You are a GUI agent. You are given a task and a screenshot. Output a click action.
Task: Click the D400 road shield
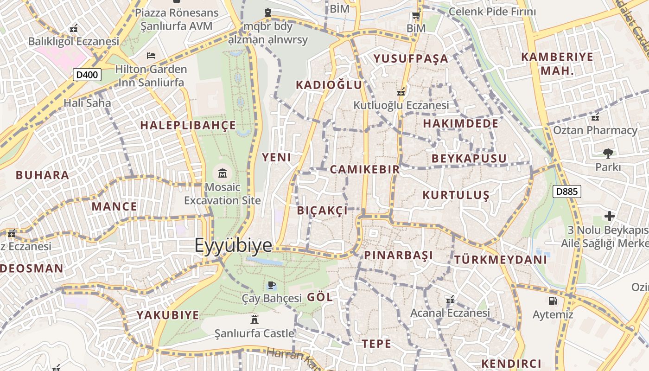click(x=87, y=74)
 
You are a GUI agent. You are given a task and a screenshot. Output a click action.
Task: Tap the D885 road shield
click(x=566, y=191)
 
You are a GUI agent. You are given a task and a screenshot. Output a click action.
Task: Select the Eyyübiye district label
click(x=233, y=245)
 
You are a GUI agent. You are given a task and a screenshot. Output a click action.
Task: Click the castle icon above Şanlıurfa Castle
click(x=254, y=319)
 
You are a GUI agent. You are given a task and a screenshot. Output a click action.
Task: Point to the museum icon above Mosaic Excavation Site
click(x=223, y=174)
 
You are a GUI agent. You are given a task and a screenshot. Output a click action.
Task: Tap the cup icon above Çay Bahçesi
click(x=272, y=285)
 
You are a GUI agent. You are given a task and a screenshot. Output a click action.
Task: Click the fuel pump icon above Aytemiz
click(x=553, y=301)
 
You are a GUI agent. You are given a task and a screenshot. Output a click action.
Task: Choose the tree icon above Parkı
click(x=608, y=153)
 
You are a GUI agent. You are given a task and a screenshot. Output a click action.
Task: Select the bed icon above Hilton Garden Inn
click(x=151, y=56)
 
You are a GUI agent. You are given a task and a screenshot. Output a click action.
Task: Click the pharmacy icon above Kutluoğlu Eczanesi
click(x=401, y=91)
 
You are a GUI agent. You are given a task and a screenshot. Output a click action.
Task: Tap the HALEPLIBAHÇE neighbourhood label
click(x=188, y=125)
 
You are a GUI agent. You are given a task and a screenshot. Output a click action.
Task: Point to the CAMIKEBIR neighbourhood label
click(x=365, y=169)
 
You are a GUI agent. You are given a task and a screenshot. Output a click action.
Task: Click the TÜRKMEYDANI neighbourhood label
click(x=501, y=260)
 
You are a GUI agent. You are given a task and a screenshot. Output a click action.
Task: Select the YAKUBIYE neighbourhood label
click(x=168, y=315)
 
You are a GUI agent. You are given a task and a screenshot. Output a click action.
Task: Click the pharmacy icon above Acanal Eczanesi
click(x=450, y=300)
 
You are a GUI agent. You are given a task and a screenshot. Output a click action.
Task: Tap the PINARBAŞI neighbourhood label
click(x=399, y=255)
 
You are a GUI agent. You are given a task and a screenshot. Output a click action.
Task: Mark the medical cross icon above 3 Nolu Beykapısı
click(x=609, y=216)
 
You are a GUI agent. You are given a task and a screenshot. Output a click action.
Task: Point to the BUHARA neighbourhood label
click(x=42, y=175)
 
